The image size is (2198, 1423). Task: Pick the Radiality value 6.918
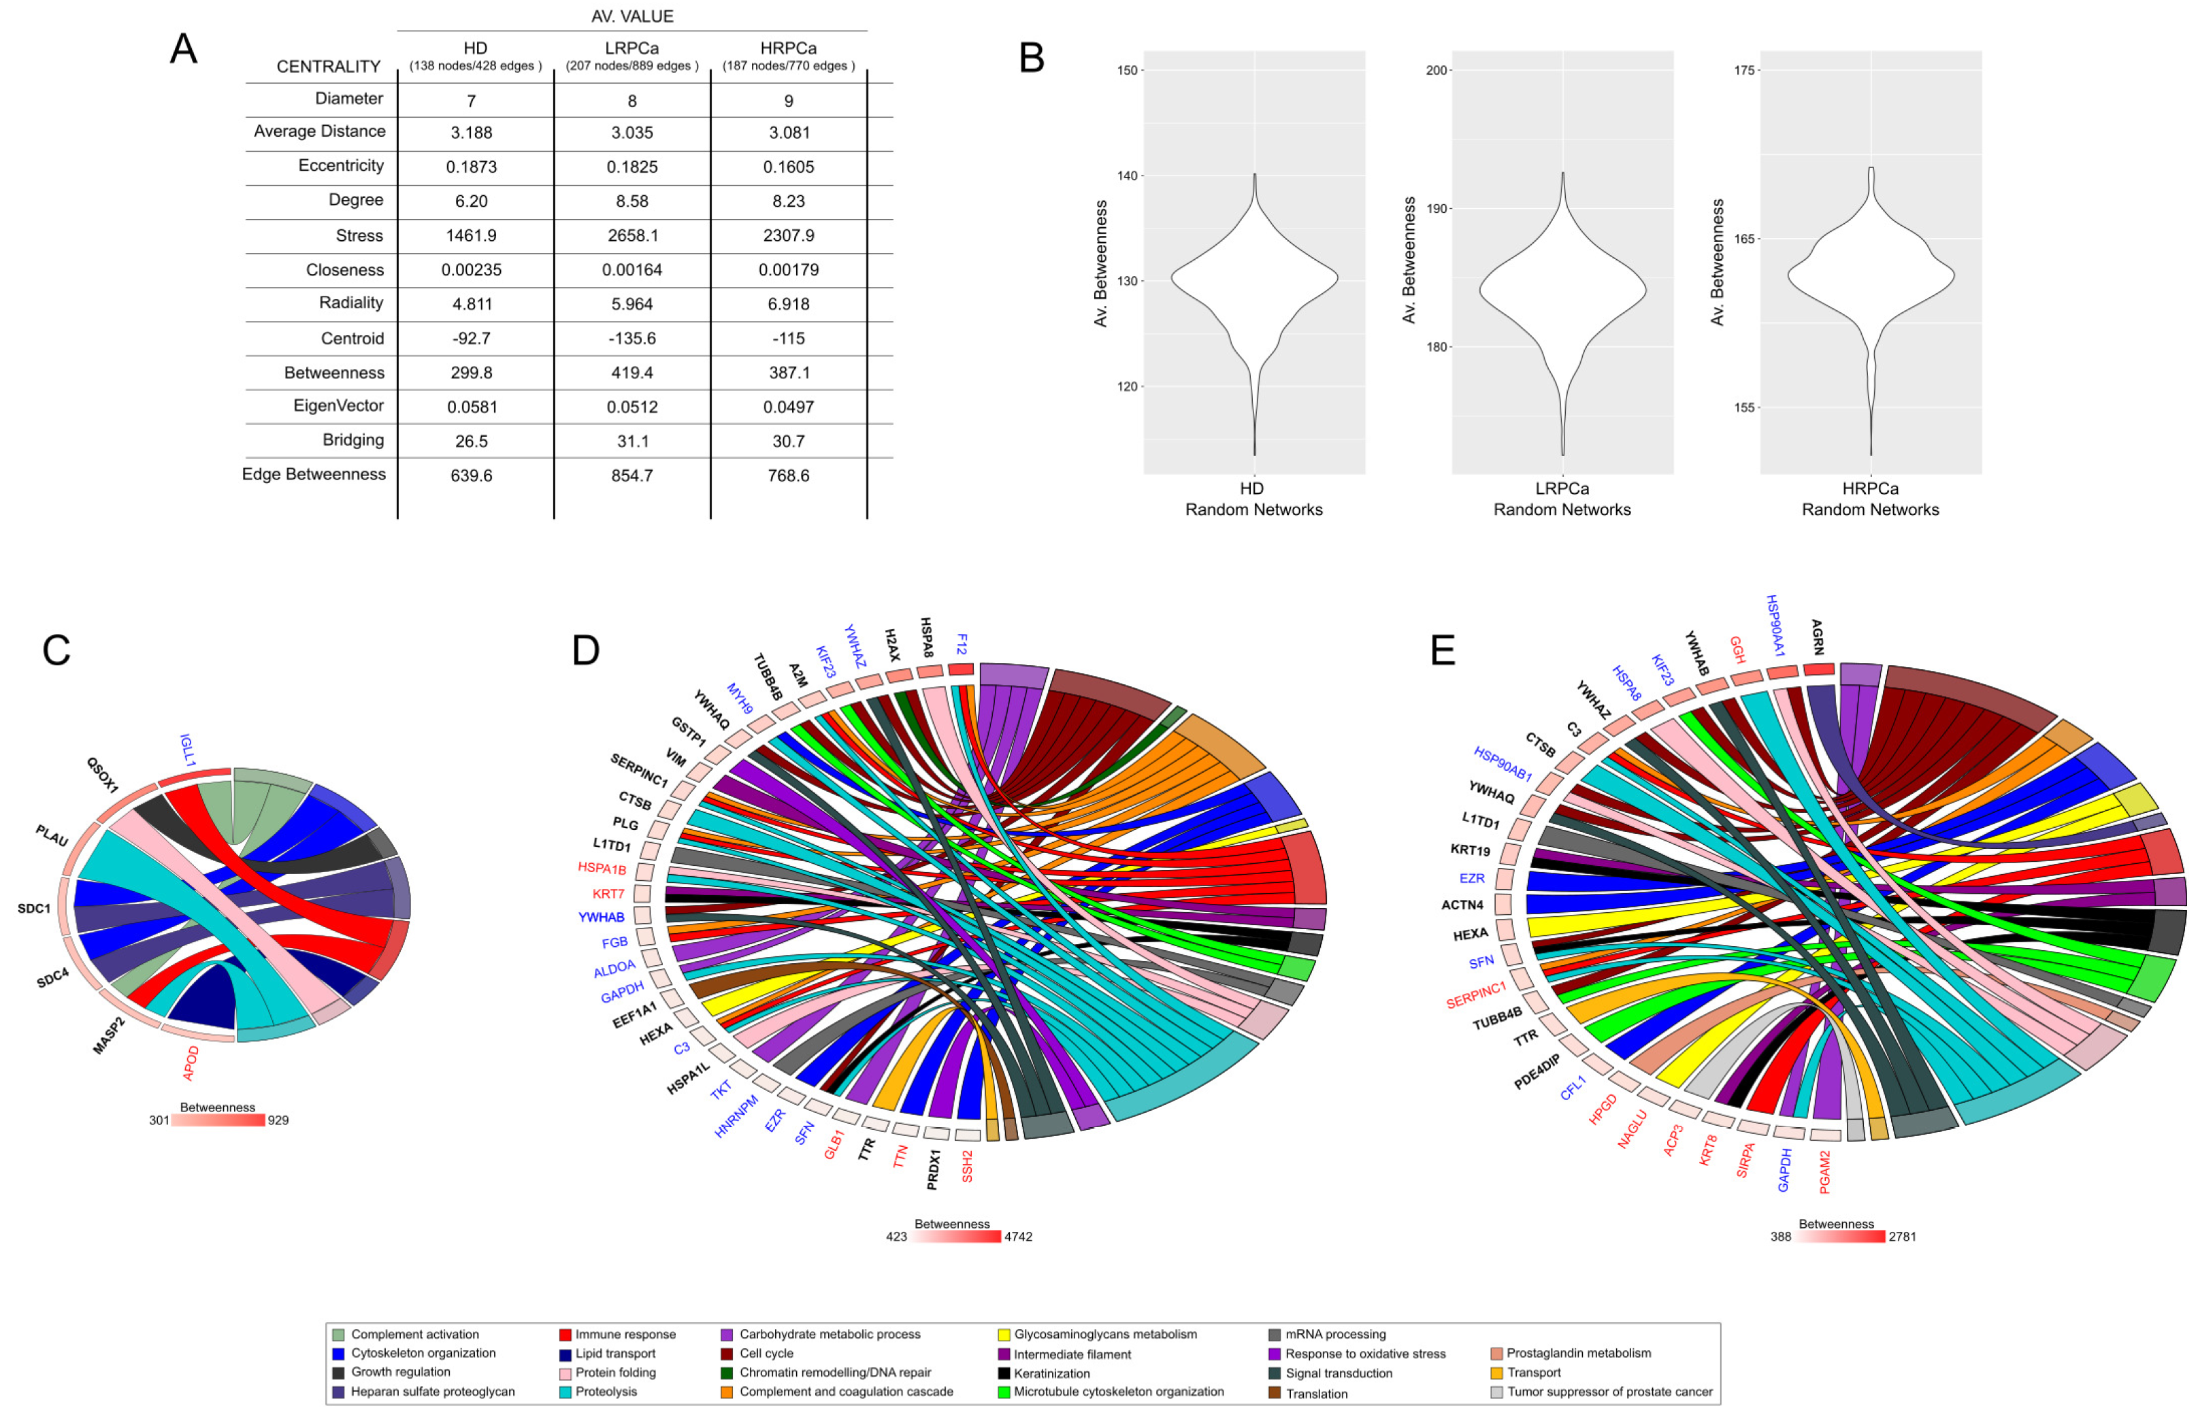[789, 304]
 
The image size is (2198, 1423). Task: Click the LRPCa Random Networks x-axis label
[1562, 499]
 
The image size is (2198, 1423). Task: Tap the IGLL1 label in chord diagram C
[188, 750]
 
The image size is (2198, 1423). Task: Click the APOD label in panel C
[191, 1063]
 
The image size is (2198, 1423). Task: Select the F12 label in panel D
[962, 643]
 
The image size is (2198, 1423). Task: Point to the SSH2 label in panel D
[967, 1165]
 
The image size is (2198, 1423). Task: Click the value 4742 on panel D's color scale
[1018, 1237]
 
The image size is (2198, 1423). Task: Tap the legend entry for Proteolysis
[606, 1392]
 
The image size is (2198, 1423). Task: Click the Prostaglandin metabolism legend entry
[1577, 1353]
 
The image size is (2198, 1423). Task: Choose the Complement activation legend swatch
[338, 1335]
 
